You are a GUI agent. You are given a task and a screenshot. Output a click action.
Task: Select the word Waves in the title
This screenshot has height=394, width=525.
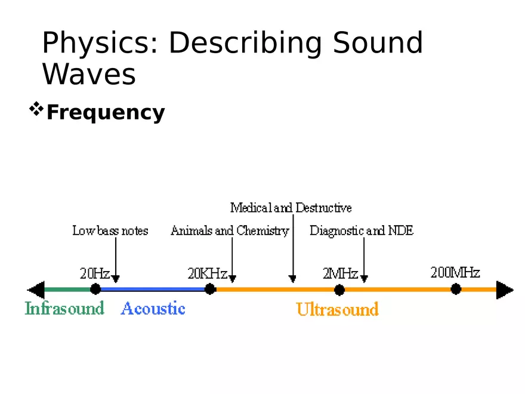[x=89, y=75]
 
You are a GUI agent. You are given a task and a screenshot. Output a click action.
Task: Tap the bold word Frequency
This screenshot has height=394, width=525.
[x=105, y=112]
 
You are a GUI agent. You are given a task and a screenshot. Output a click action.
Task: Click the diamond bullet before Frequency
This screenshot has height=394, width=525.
[x=37, y=109]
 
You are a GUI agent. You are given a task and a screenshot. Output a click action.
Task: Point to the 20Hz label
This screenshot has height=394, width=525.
[x=95, y=273]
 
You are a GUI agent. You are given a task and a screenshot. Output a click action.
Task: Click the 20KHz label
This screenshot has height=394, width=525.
[x=207, y=273]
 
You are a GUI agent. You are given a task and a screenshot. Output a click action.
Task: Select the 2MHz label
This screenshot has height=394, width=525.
[x=340, y=273]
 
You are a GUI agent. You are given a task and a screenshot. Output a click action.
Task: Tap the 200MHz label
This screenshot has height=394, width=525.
[x=455, y=272]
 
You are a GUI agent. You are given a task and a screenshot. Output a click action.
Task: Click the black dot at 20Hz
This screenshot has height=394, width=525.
[x=95, y=290]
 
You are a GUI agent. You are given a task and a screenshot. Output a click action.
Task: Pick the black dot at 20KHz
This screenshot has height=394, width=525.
[x=210, y=290]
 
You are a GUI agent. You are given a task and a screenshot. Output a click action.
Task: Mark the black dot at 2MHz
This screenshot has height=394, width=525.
[x=339, y=290]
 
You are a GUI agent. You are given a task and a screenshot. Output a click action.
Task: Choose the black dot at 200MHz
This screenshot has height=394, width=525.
[x=456, y=290]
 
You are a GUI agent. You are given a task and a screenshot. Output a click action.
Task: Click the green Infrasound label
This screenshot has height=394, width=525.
[x=64, y=309]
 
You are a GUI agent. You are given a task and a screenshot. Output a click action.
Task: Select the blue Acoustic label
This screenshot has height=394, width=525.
[x=153, y=309]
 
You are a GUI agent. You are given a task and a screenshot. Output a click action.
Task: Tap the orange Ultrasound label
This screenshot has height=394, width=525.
[x=337, y=309]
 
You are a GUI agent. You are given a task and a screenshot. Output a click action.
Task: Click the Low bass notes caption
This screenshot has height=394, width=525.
[x=110, y=230]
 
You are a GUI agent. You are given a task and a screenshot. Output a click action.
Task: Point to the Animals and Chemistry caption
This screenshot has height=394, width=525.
[x=230, y=230]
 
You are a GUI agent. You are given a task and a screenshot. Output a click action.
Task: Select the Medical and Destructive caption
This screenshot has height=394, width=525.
[x=291, y=208]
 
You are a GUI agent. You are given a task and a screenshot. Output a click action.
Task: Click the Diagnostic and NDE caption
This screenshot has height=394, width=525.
[x=362, y=230]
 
